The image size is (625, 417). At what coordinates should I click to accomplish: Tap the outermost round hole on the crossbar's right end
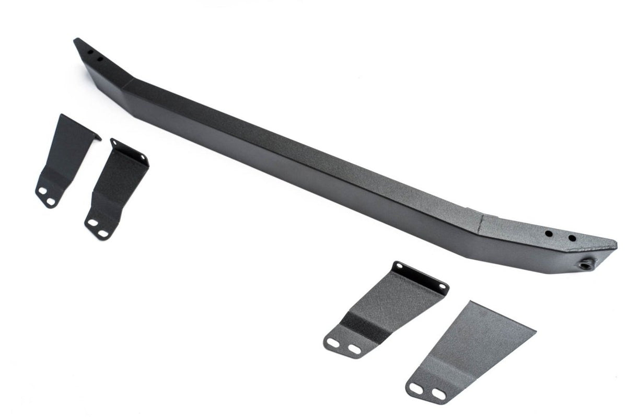click(x=572, y=238)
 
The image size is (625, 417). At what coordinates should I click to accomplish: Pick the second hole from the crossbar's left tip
click(x=99, y=59)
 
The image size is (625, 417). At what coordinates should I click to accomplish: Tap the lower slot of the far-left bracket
click(x=51, y=200)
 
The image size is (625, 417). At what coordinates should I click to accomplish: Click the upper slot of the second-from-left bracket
click(x=92, y=222)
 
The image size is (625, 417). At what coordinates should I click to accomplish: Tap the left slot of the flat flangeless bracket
click(x=418, y=389)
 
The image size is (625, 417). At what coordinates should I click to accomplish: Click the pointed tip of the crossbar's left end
click(x=76, y=39)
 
